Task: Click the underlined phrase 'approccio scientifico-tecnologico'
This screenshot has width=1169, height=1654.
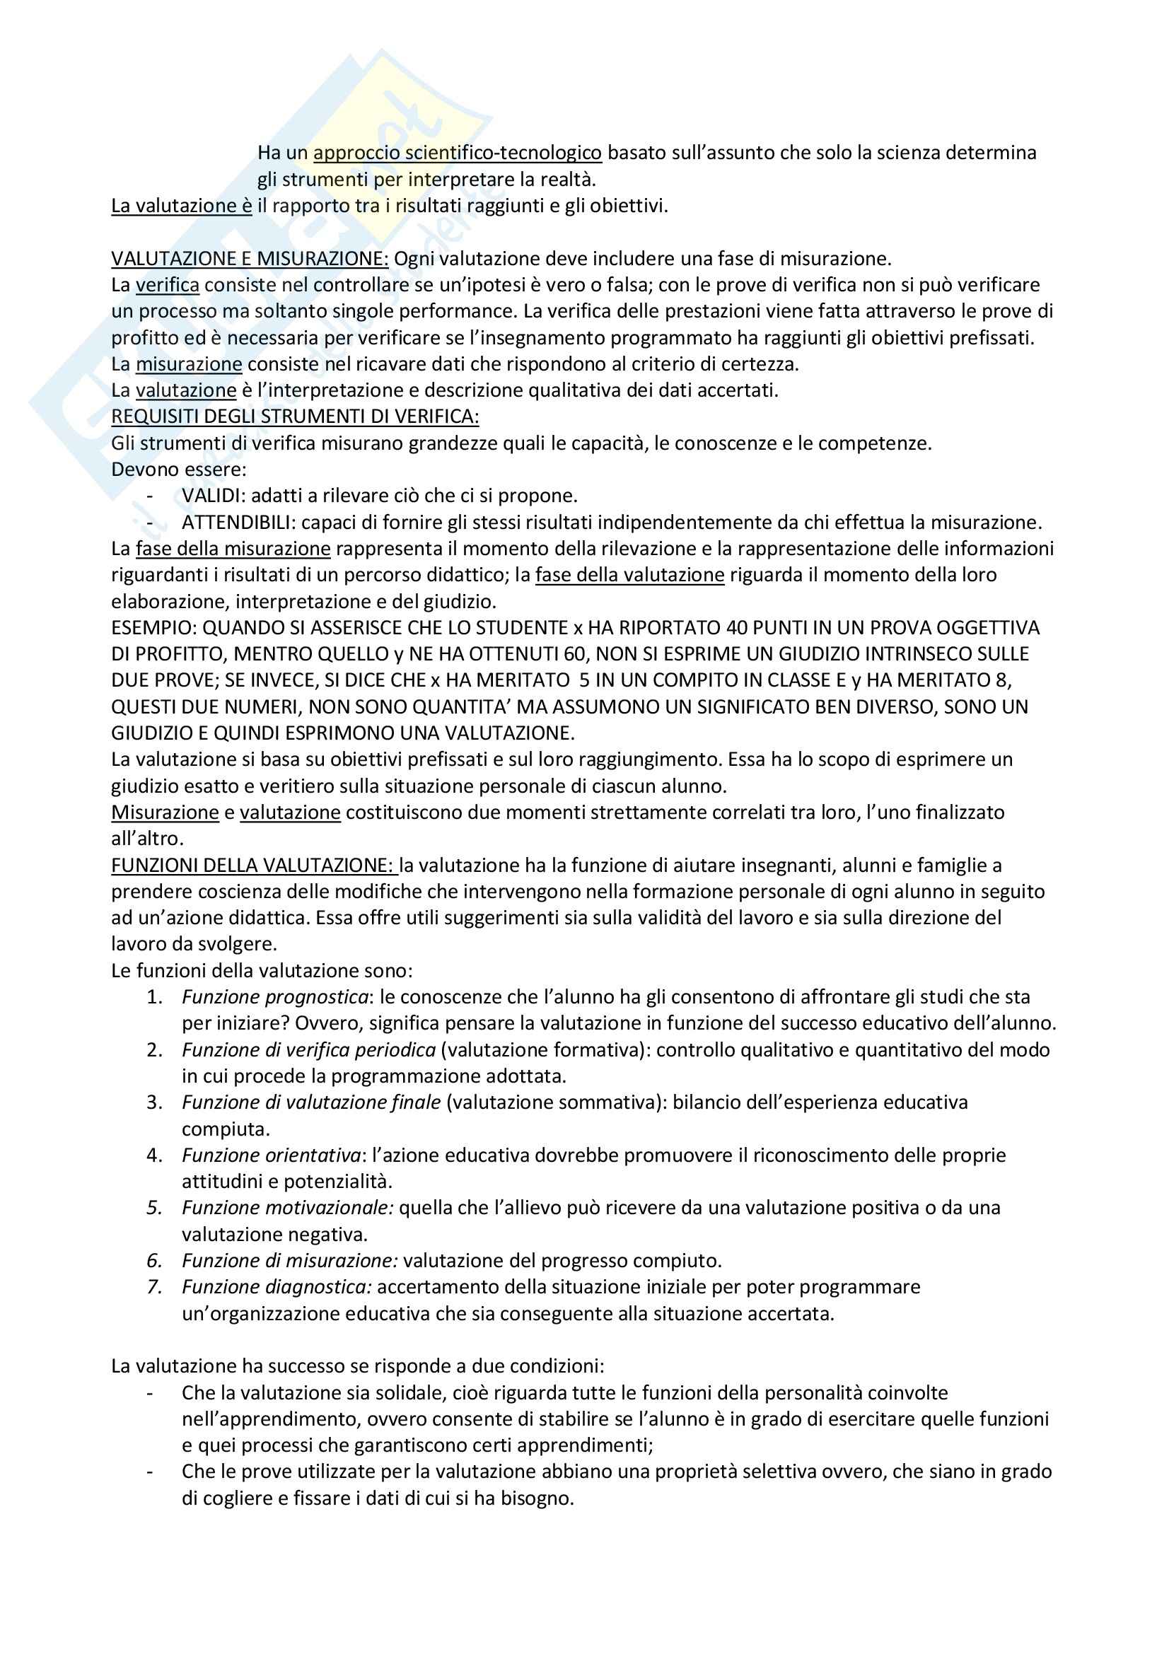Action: coord(458,153)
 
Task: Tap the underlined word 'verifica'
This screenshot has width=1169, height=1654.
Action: coord(167,285)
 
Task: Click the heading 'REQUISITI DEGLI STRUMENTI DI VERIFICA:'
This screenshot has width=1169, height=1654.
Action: coord(295,417)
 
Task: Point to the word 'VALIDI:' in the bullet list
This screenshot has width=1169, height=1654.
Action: coord(213,496)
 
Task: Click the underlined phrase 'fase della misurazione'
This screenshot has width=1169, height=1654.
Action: coord(233,549)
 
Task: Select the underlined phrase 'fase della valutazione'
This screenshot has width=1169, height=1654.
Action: coord(629,575)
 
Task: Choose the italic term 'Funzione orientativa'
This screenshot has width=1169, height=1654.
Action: coord(271,1155)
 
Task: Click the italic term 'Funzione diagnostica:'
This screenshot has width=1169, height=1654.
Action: coord(277,1287)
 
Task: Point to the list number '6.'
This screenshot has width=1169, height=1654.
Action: coord(155,1261)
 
